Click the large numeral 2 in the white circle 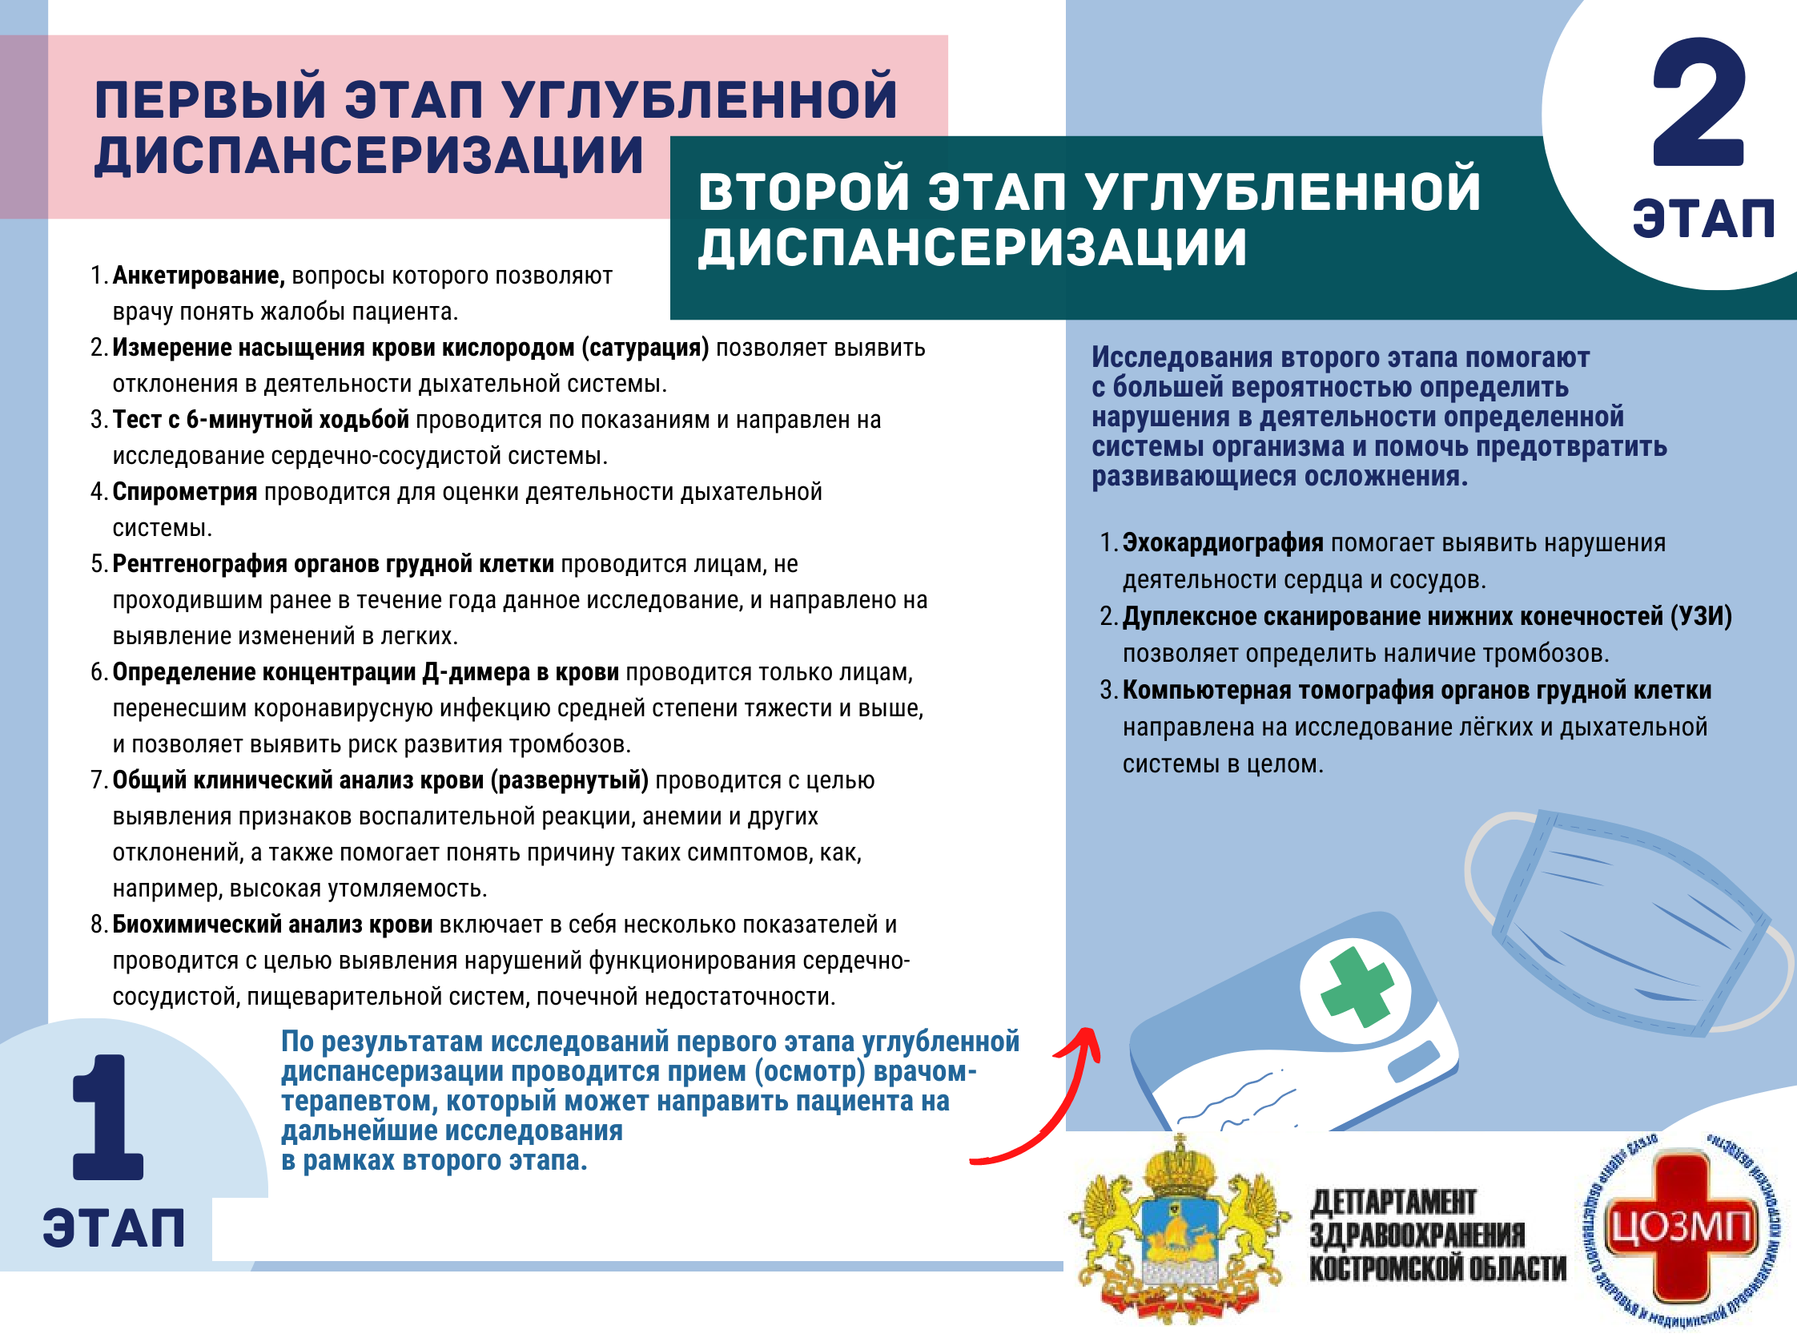[1698, 103]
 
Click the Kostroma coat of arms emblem [1179, 1231]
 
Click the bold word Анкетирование [199, 276]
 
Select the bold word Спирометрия [184, 492]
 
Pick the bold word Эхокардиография [1222, 542]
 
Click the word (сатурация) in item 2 [645, 349]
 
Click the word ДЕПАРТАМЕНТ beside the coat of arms [1393, 1202]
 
